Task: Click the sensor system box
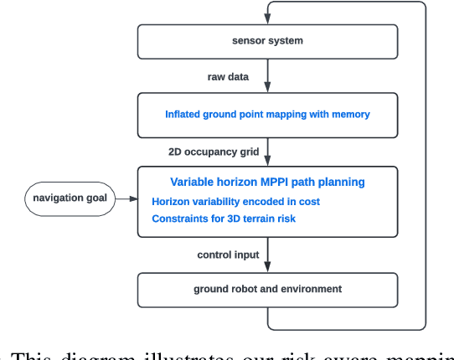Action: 267,41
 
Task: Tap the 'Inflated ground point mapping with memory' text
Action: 267,115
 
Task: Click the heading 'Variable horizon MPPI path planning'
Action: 267,182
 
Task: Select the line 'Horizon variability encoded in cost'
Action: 235,201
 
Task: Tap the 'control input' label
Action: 227,255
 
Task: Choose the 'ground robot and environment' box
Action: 267,289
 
